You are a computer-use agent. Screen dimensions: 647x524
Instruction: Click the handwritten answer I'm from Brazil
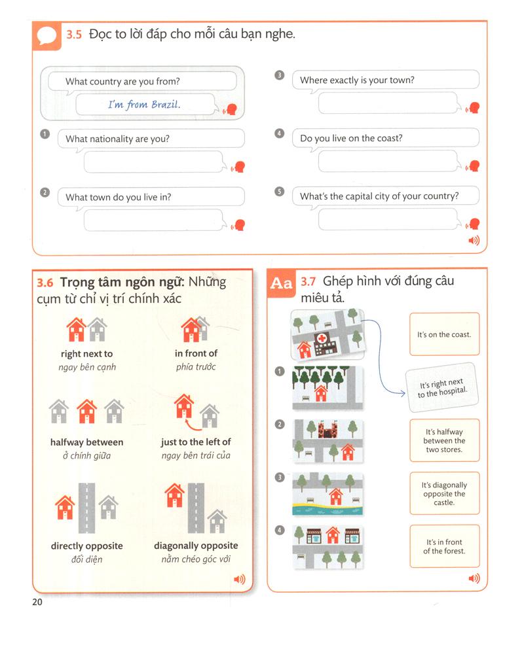[144, 104]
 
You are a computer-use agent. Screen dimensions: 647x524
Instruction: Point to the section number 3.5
[73, 35]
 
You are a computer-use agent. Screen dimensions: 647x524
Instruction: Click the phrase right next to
[86, 354]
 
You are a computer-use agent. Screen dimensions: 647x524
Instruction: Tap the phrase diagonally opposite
[196, 546]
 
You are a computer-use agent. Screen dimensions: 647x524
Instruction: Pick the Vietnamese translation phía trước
[196, 367]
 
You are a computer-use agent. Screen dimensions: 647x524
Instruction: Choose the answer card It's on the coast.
[444, 334]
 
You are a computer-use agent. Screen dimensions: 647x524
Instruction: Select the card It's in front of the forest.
[444, 546]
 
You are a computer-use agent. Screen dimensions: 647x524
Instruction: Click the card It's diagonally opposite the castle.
[444, 493]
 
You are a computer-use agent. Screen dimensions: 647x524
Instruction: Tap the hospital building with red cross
[324, 341]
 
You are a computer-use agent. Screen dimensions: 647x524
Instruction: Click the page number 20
[37, 602]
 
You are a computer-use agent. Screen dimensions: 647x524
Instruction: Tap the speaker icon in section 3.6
[240, 579]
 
